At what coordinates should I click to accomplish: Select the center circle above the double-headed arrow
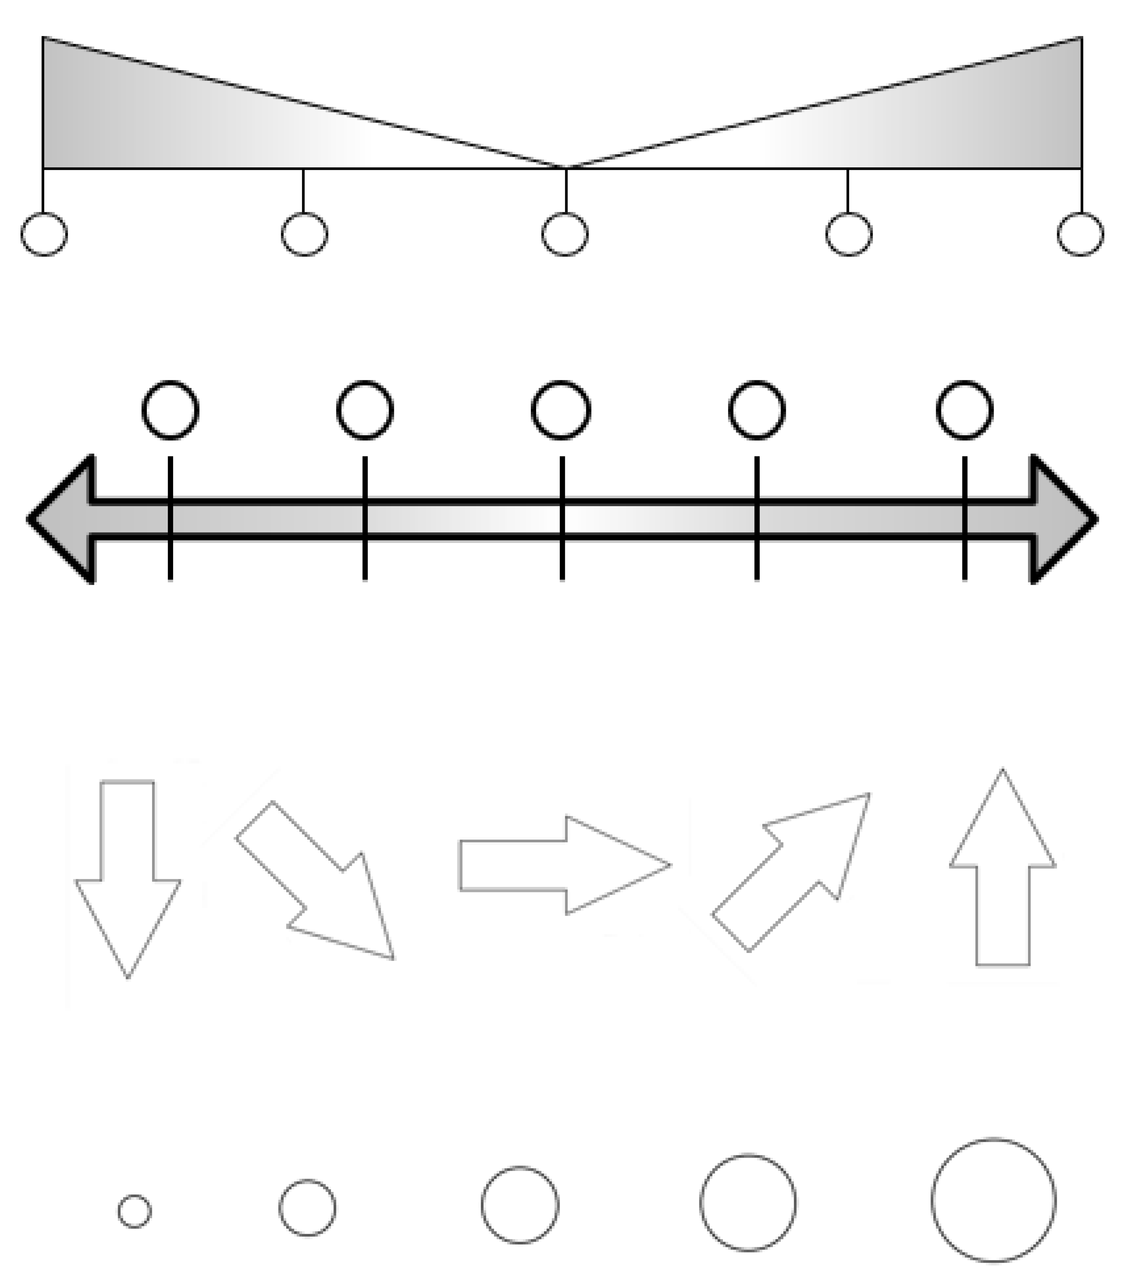[x=561, y=410]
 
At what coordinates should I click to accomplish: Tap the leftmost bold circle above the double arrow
[x=171, y=410]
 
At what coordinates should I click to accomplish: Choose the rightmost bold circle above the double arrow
[x=964, y=410]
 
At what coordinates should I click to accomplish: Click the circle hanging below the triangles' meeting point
[x=564, y=234]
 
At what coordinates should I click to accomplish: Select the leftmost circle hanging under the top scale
[x=44, y=234]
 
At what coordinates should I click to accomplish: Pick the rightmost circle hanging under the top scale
[x=1080, y=234]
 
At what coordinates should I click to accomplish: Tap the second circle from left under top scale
[x=304, y=234]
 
